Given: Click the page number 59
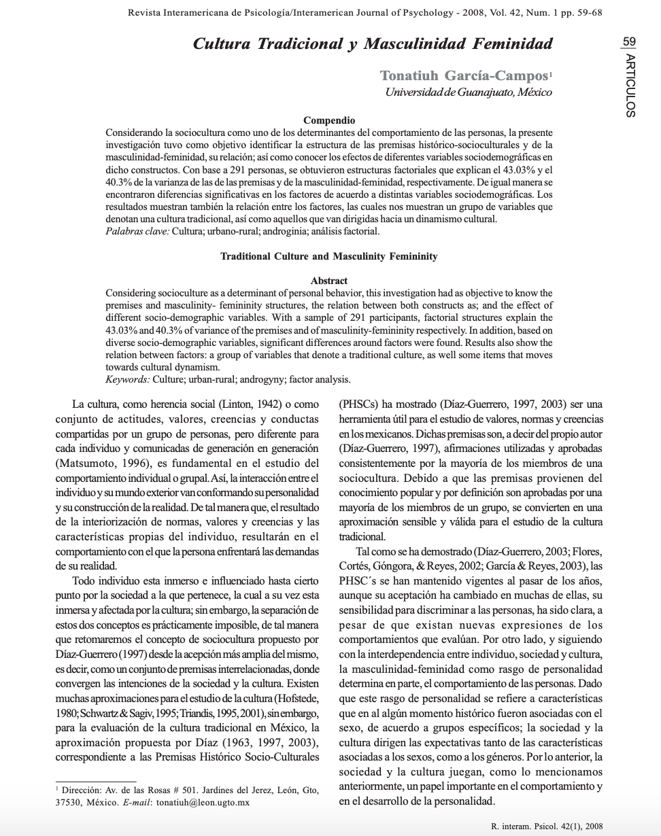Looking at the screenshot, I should coord(629,41).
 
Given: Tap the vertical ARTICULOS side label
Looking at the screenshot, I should coord(630,86).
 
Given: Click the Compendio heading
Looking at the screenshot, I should coord(329,120).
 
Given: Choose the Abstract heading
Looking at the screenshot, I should coord(329,280).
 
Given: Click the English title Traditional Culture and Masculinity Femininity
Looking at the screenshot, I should coord(329,256).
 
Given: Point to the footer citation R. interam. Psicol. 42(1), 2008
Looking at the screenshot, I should coord(546,826).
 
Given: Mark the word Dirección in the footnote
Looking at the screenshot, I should coord(80,790).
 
